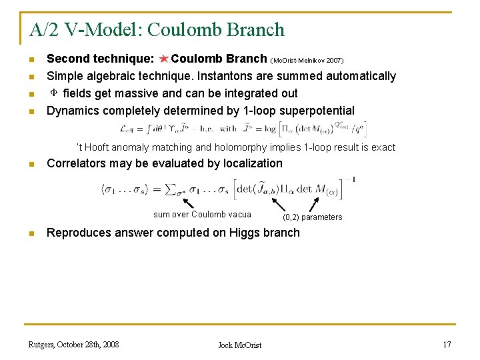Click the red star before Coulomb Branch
tap(164, 59)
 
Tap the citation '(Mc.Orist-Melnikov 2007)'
tap(307, 60)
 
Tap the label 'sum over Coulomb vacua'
tap(202, 215)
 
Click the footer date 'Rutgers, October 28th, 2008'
tap(73, 345)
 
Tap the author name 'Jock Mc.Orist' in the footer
tap(240, 345)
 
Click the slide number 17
tap(447, 345)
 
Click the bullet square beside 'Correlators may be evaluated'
tap(31, 164)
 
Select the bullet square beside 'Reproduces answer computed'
tap(31, 233)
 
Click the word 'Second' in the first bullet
tap(65, 59)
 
